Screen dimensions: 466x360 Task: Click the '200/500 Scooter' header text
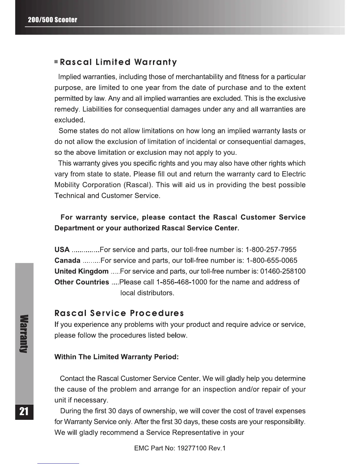point(52,20)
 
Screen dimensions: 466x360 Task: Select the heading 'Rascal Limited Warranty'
point(118,62)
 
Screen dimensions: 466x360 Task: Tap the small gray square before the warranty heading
point(56,62)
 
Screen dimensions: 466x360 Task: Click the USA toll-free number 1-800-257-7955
point(271,250)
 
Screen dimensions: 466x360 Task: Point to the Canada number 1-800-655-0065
point(271,261)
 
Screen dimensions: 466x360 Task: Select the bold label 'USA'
point(62,250)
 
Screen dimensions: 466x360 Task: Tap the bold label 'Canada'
point(68,261)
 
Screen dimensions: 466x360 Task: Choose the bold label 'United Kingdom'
point(81,271)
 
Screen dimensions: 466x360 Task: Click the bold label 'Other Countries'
point(82,282)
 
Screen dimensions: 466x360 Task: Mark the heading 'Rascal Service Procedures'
point(119,313)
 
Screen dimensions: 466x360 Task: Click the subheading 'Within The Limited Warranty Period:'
point(116,357)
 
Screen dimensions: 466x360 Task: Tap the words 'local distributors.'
point(148,293)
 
